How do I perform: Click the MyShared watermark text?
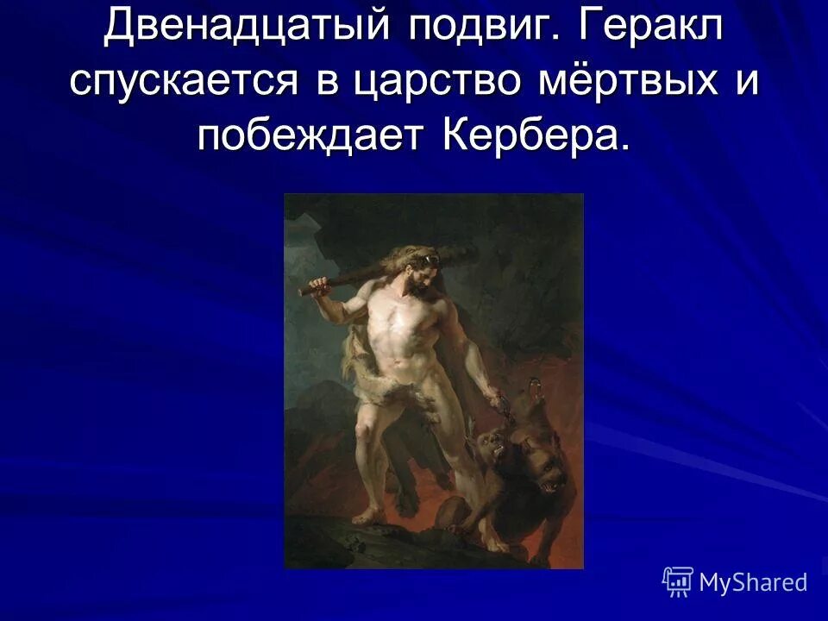click(x=752, y=583)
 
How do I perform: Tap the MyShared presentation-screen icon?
click(x=678, y=582)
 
